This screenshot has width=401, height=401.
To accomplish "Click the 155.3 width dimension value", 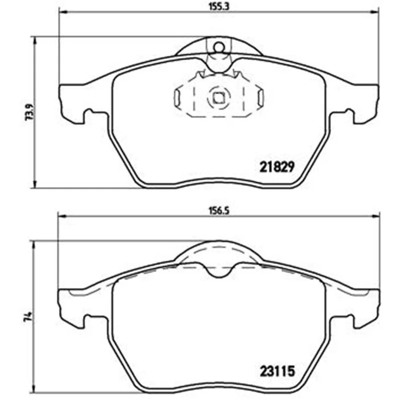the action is point(219,7).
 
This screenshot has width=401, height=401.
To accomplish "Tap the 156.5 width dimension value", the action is point(219,211).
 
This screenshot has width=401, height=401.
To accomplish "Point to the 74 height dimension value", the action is point(28,316).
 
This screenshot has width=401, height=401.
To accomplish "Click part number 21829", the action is point(277,167).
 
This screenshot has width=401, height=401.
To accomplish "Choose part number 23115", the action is point(278,371).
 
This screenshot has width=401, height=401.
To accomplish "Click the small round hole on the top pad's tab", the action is point(219,47).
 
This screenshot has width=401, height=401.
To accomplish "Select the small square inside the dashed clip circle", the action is point(219,98).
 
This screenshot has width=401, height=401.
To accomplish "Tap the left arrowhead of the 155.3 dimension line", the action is point(63,12).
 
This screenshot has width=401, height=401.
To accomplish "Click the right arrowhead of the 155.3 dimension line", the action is point(375,12).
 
